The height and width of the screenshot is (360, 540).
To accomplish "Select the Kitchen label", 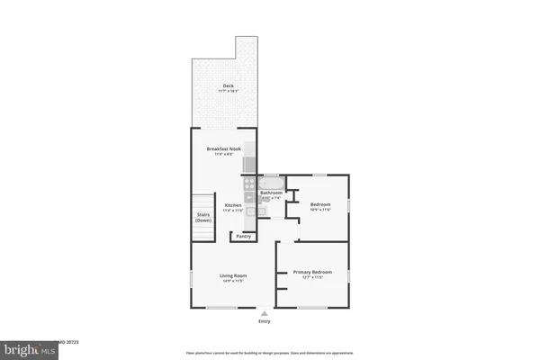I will point(232,205).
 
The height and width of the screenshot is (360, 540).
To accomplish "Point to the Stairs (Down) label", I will point(203,217).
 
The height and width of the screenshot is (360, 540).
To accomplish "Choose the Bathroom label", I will point(272,193).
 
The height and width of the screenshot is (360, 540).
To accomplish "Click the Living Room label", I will point(233,275).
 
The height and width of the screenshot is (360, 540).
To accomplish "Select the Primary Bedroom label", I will point(312,272).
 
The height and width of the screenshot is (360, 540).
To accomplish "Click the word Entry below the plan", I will point(264,321).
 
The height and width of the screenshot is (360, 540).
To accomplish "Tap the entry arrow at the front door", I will point(264,312).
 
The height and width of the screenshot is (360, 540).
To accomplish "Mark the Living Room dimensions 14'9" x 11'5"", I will point(233,282).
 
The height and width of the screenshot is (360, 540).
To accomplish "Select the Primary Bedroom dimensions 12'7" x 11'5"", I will point(312,277).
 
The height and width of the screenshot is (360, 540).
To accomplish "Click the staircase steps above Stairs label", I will point(203,202).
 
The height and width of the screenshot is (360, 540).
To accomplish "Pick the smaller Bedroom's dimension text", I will point(320,210).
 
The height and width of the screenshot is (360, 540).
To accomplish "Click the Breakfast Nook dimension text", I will point(222,155).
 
